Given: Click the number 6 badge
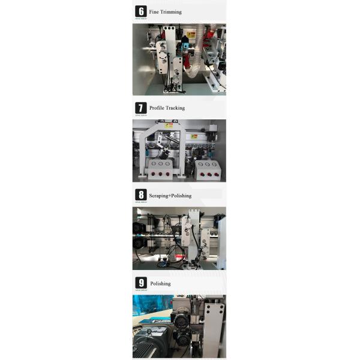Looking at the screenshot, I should click(x=141, y=11).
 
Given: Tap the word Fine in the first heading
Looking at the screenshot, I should click(x=154, y=12).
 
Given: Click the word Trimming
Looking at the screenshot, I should click(x=171, y=12).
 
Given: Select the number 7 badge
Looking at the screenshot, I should click(x=141, y=108).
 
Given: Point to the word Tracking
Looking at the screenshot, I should click(x=175, y=108).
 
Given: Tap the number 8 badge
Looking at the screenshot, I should click(x=141, y=195).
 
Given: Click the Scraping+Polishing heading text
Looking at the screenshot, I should click(x=170, y=196).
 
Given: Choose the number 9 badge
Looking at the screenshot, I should click(x=141, y=283).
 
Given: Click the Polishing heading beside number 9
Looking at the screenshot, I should click(x=160, y=284).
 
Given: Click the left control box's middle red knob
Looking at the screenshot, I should click(x=161, y=173).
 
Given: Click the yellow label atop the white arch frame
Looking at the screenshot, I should click(x=170, y=125).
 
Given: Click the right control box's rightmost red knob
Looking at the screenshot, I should click(x=214, y=173).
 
